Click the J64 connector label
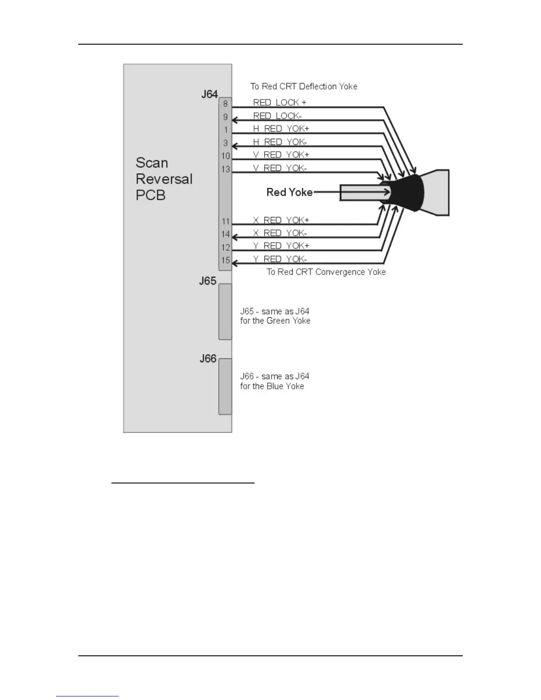[x=210, y=94]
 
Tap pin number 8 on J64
[x=225, y=104]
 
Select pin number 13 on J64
[x=226, y=169]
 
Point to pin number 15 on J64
[x=226, y=260]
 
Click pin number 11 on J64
[x=226, y=221]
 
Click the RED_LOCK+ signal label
[x=279, y=103]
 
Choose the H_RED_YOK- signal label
[x=279, y=142]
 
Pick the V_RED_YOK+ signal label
[x=281, y=155]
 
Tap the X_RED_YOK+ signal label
[x=281, y=220]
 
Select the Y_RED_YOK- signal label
[x=279, y=259]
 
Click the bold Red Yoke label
[x=290, y=192]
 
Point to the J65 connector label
[x=208, y=281]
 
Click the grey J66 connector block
[x=225, y=387]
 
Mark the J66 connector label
[x=208, y=358]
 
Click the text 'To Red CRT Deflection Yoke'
[x=304, y=86]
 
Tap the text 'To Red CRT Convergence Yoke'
[x=326, y=272]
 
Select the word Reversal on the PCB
[x=164, y=179]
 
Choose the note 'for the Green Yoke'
[x=275, y=321]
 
